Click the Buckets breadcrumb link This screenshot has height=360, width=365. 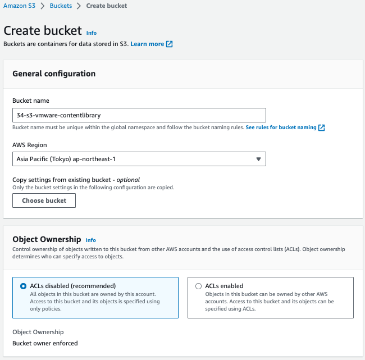[60, 6]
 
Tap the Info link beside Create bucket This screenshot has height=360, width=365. [92, 33]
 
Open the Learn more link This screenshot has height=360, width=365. [147, 44]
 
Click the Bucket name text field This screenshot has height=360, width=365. [139, 115]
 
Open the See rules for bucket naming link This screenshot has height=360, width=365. [281, 127]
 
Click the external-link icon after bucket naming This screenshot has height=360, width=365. [322, 127]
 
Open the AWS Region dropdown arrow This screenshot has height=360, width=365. [258, 159]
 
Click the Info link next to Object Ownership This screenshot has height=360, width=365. [91, 240]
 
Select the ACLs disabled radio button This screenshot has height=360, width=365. [23, 286]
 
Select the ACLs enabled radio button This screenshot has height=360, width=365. [198, 286]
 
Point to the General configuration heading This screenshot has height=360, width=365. [54, 74]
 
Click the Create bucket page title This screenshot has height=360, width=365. [43, 31]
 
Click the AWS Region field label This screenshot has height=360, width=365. [30, 144]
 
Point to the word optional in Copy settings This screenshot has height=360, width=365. [128, 180]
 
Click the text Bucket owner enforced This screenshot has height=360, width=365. [45, 343]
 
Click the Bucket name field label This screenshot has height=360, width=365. [31, 101]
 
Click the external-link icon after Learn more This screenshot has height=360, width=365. [170, 44]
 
